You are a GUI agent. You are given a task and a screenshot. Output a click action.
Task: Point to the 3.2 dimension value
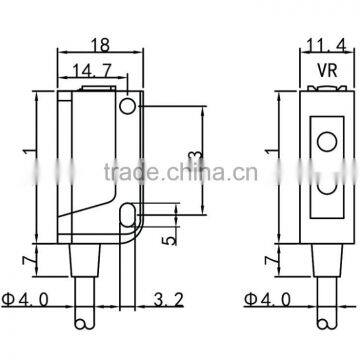(x=167, y=298)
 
